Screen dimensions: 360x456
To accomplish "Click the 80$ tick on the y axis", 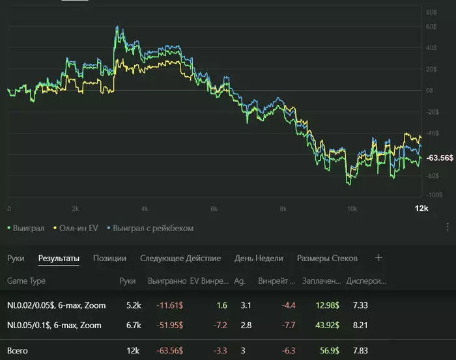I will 431,12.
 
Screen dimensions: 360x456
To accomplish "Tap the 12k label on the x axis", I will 421,208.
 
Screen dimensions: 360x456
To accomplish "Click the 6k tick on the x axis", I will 213,209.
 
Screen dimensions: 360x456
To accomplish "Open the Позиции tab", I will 109,258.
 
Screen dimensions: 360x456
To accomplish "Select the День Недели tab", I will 259,258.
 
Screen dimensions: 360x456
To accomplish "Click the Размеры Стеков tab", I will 327,258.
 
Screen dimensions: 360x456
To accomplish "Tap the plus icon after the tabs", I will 379,258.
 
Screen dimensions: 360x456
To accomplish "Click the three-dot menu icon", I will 448,227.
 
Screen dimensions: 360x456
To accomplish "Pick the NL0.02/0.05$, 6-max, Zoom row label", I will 56,305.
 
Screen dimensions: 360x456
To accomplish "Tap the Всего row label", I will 18,351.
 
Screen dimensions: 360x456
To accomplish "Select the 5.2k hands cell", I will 133,305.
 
